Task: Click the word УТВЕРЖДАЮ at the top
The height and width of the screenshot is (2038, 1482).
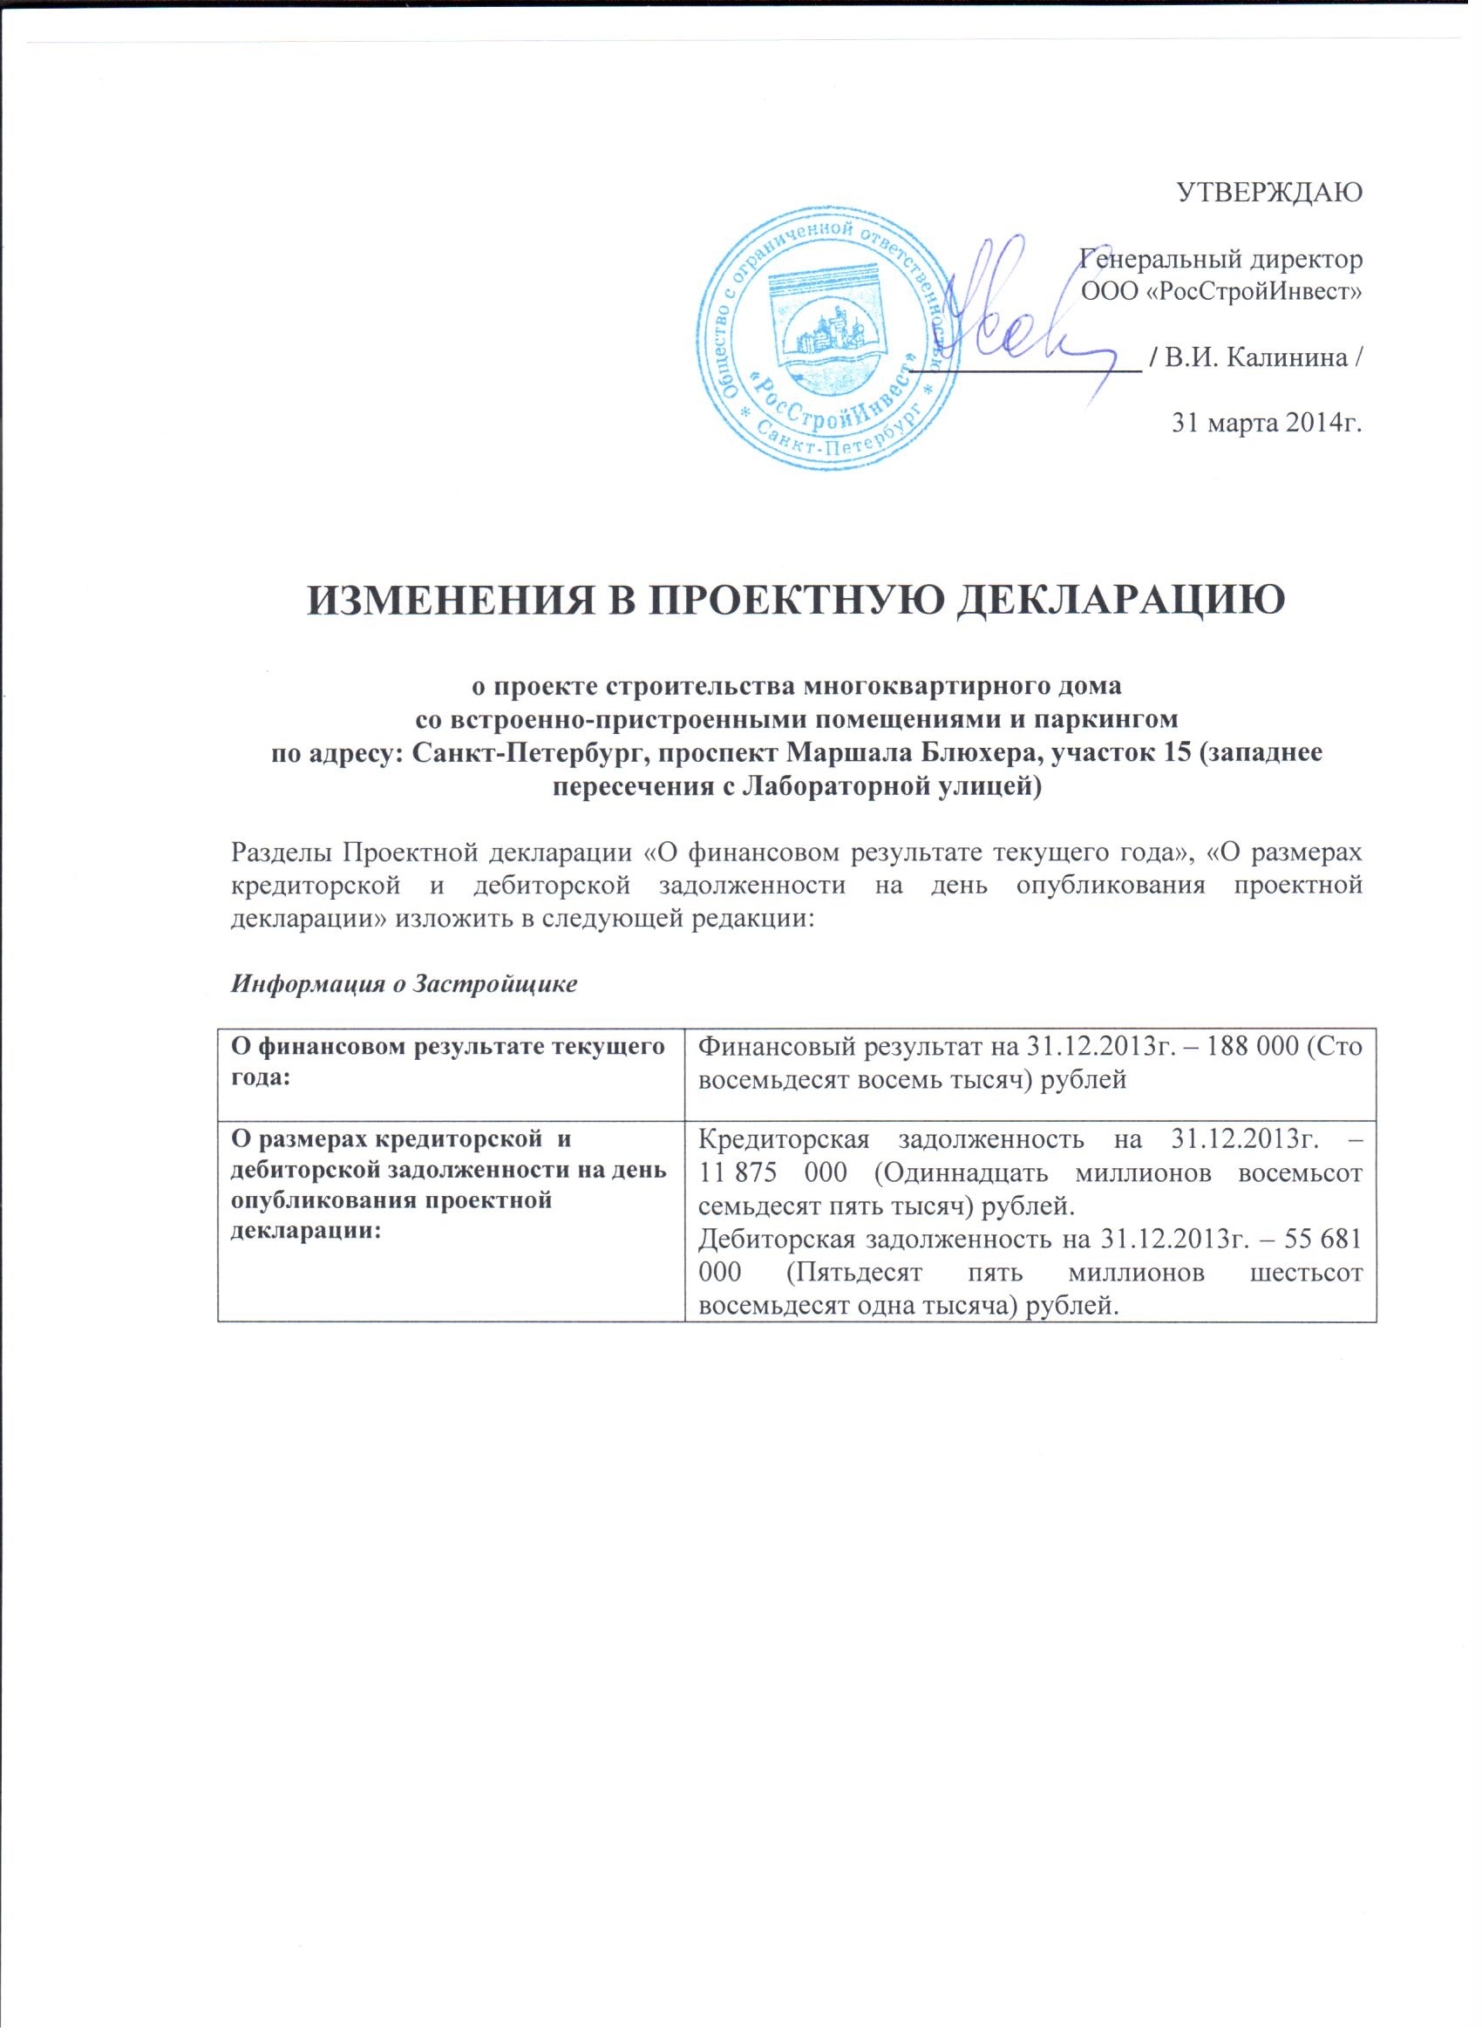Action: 1269,193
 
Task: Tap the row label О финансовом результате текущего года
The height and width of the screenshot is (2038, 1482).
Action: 449,1060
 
